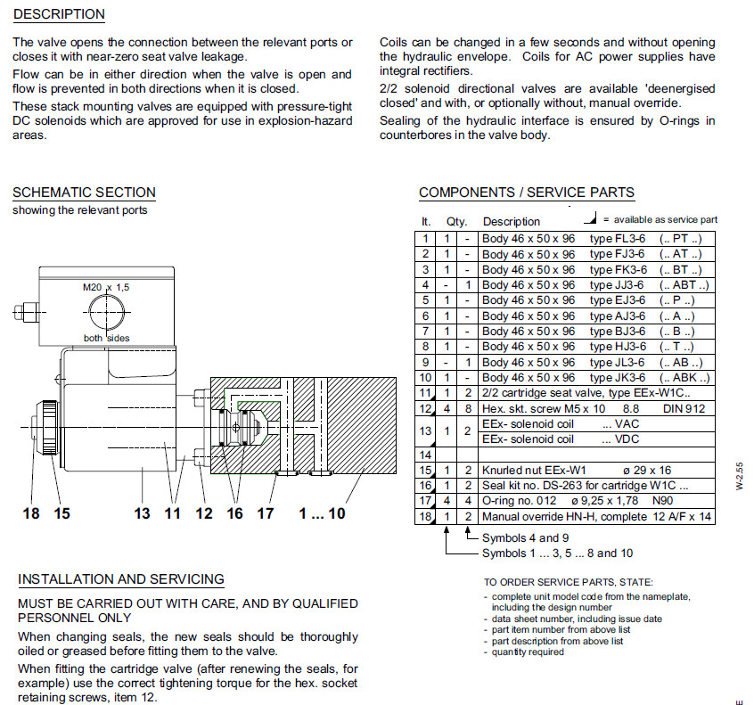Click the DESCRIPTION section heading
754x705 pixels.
(60, 14)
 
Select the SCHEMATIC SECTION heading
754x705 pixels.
(84, 193)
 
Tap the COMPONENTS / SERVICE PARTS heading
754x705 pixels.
(527, 193)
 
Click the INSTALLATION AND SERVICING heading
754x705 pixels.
(121, 579)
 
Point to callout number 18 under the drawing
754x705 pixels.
(31, 513)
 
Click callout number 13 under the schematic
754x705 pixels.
(143, 513)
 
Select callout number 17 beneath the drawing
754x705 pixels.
(265, 513)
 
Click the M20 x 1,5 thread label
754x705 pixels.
(106, 288)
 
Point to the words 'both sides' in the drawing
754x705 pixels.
(107, 338)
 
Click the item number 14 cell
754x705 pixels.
(426, 455)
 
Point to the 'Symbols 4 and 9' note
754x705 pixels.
(525, 538)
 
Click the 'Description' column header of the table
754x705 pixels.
(512, 221)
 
